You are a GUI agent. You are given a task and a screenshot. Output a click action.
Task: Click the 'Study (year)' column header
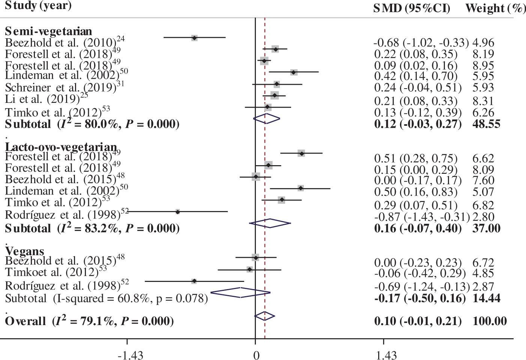tap(33, 6)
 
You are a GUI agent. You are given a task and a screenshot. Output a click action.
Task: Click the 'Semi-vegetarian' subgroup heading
tap(48, 31)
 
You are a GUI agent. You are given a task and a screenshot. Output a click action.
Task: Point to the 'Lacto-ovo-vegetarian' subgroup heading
tap(61, 147)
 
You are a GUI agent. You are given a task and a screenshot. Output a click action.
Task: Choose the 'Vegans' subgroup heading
tap(24, 251)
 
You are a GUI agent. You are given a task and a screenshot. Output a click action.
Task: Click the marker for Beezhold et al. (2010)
tap(194, 38)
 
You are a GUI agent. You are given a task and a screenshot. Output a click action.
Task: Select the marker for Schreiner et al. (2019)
tap(277, 84)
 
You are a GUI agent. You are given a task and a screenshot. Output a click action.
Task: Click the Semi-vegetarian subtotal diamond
tap(266, 118)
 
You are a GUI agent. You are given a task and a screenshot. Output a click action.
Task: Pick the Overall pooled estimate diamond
tap(265, 316)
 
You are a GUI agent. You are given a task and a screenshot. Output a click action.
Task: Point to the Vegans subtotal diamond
tap(240, 292)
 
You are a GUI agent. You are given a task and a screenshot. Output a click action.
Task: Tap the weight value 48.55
tap(486, 124)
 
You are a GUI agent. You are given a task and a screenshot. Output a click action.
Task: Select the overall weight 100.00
tap(490, 321)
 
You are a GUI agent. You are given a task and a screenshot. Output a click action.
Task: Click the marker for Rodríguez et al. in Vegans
tap(194, 281)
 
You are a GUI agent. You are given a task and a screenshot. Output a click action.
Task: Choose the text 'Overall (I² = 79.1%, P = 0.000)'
tap(89, 321)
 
